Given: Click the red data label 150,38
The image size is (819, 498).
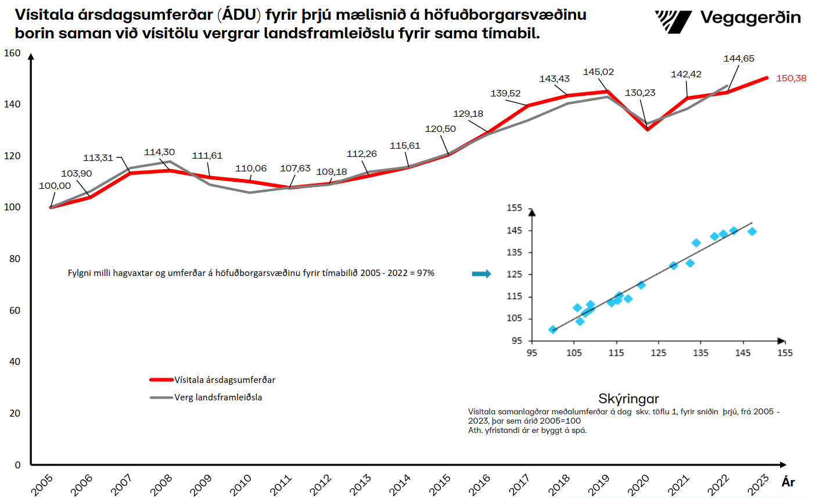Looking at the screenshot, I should tap(791, 78).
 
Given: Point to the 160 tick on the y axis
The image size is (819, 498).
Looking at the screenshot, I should tap(12, 53).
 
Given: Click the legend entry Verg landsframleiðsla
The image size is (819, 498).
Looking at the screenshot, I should tap(218, 397).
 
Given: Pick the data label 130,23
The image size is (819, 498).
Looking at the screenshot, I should tap(640, 93).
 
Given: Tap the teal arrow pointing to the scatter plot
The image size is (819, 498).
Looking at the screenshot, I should tap(482, 274).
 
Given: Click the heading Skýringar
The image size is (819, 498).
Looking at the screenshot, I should tap(628, 399).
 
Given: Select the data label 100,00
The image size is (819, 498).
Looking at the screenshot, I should tap(55, 186).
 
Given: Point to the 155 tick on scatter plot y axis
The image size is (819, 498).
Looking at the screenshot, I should tap(515, 208).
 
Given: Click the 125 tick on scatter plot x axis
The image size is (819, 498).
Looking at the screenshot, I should tap(658, 353).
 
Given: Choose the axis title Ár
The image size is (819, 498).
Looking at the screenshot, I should tap(788, 482).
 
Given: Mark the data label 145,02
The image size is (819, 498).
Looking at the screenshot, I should tap(598, 72).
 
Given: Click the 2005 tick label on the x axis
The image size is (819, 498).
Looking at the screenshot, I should tap(42, 485).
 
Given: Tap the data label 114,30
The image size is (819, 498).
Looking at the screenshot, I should tap(159, 152).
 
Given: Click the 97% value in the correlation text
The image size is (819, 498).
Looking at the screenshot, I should tap(425, 273).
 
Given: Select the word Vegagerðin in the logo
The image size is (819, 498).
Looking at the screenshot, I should tap(750, 18).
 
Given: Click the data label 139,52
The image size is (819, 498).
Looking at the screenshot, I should tap(505, 94).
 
